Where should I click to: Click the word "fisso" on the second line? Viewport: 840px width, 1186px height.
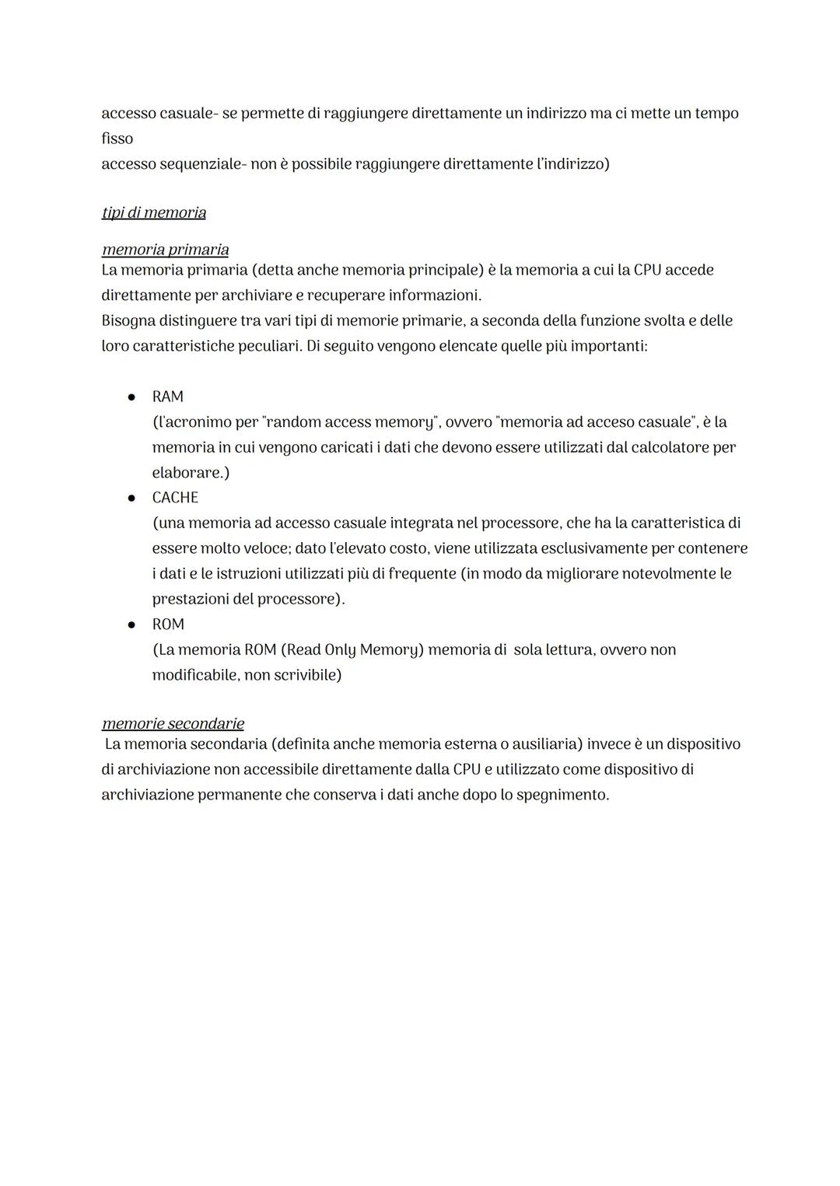117,138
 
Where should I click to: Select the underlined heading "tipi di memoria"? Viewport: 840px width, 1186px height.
154,212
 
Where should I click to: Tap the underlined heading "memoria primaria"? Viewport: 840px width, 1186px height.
165,250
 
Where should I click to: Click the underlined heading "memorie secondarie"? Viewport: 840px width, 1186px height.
173,723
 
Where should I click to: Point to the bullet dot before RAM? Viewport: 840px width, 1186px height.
132,397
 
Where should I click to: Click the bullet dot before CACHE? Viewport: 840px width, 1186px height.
132,498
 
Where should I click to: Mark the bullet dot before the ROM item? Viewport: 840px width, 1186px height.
132,624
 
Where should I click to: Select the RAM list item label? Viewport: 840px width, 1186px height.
168,397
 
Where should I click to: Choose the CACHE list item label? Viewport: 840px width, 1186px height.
175,498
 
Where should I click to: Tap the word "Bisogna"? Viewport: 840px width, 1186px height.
128,320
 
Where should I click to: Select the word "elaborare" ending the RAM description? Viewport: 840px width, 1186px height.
187,473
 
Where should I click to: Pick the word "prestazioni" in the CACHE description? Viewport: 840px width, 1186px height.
191,599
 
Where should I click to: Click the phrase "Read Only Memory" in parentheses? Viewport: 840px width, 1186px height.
352,649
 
